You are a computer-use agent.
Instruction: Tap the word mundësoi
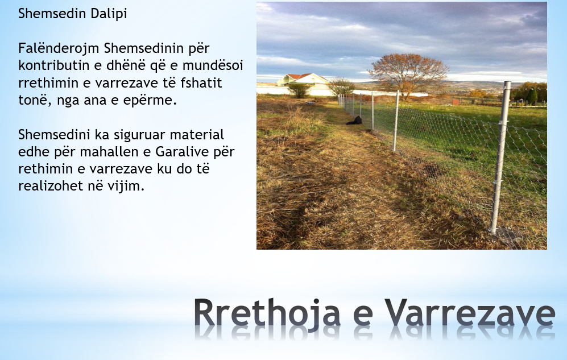(x=213, y=65)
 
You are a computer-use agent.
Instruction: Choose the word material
(x=197, y=134)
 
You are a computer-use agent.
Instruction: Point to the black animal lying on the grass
(x=354, y=121)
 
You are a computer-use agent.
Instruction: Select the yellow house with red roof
(x=303, y=80)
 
